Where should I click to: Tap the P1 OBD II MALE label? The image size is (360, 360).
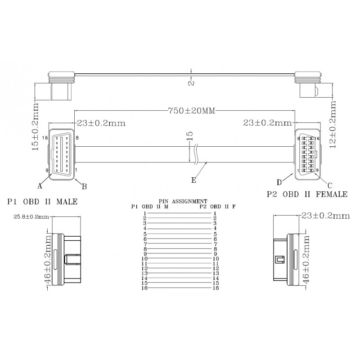tap(42, 202)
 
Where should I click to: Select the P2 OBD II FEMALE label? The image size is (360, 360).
tap(307, 194)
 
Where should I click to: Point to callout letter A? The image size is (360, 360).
tap(40, 185)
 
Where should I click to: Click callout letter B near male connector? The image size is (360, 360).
tap(84, 185)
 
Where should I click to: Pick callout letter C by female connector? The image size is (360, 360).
tap(329, 185)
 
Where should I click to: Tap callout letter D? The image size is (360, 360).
tap(279, 182)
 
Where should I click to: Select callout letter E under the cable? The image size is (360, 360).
tap(193, 180)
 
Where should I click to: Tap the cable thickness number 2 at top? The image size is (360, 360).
tap(191, 83)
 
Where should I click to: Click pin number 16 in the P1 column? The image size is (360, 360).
tap(145, 288)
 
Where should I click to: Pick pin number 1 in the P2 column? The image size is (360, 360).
tap(216, 213)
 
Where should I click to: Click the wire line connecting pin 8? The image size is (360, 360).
tap(180, 248)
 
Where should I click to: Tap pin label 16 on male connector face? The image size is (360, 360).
tap(45, 138)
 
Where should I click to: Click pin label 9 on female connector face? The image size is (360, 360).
tap(317, 170)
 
